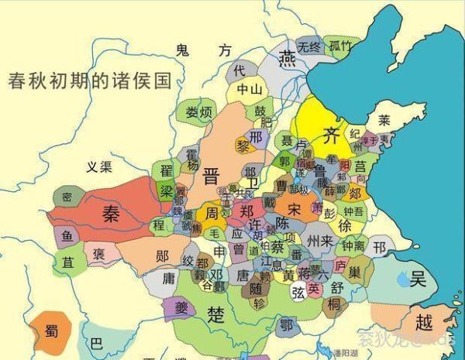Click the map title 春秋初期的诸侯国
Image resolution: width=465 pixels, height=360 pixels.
click(88, 81)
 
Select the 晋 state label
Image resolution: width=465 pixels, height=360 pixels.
click(210, 176)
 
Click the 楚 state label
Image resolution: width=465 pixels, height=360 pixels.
click(216, 314)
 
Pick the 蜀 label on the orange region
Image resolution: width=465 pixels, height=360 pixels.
click(52, 331)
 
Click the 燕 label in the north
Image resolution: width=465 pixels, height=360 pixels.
click(288, 59)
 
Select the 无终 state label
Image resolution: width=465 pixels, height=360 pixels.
click(309, 46)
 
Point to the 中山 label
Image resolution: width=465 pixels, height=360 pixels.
click(250, 90)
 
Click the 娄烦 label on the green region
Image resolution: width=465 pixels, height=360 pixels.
click(198, 112)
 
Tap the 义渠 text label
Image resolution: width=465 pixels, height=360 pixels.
click(99, 166)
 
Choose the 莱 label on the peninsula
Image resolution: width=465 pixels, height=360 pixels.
click(384, 120)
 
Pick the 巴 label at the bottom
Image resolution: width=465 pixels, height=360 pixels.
click(95, 342)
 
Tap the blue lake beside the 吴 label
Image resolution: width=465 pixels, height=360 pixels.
click(402, 279)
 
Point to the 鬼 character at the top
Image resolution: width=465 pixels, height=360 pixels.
click(183, 51)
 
